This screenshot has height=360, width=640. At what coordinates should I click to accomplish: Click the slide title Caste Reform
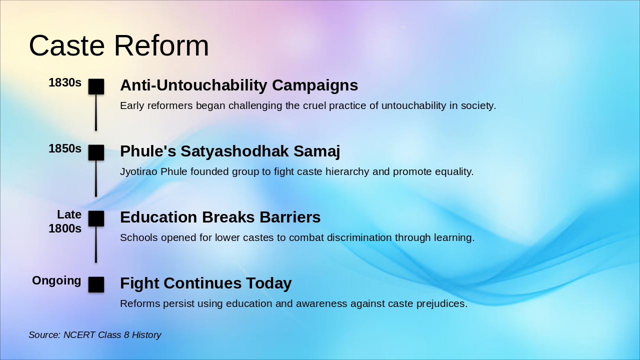[x=119, y=45]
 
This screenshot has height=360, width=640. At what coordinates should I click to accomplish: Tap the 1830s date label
[x=65, y=82]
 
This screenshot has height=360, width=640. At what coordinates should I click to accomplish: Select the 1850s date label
[x=65, y=148]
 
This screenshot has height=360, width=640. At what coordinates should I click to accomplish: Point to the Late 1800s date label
[x=65, y=221]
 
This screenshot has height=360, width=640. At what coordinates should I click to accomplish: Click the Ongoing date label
[x=56, y=280]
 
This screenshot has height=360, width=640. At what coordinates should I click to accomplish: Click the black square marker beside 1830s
[x=96, y=86]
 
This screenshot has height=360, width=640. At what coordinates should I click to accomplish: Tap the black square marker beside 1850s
[x=96, y=152]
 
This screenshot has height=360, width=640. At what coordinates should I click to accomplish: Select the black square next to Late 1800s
[x=96, y=218]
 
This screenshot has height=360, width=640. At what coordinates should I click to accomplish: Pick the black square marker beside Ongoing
[x=96, y=284]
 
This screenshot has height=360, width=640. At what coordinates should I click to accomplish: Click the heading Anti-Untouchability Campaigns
[x=239, y=85]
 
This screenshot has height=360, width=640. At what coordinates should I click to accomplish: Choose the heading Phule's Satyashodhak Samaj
[x=230, y=151]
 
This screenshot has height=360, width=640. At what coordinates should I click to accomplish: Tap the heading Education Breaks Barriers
[x=220, y=217]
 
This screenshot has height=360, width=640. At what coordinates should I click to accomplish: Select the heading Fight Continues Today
[x=205, y=283]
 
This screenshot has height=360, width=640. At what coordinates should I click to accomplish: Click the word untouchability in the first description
[x=413, y=105]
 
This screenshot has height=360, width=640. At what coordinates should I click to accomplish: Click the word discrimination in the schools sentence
[x=359, y=237]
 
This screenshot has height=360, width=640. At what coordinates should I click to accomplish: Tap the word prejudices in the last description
[x=441, y=303]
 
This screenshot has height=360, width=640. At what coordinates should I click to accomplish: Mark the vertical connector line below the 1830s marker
[x=96, y=112]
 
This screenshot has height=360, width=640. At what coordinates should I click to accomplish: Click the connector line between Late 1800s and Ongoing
[x=96, y=244]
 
